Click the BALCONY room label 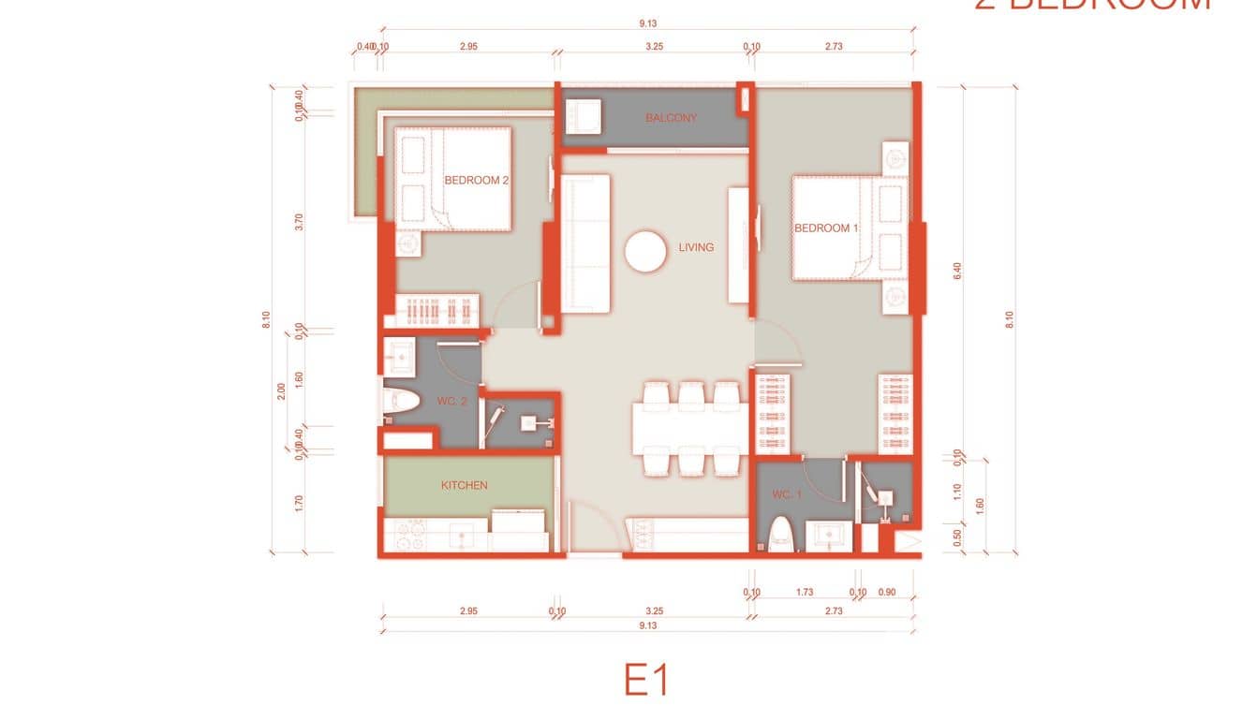point(671,118)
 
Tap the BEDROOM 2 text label point(476,180)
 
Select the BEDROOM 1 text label point(826,228)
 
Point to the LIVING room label point(696,247)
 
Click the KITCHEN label point(465,485)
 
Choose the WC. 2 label point(451,401)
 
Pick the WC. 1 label point(787,494)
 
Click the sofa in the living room point(584,243)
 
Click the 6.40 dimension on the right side point(956,271)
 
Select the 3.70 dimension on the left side point(298,222)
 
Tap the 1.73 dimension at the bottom point(804,593)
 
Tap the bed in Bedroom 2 point(453,179)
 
